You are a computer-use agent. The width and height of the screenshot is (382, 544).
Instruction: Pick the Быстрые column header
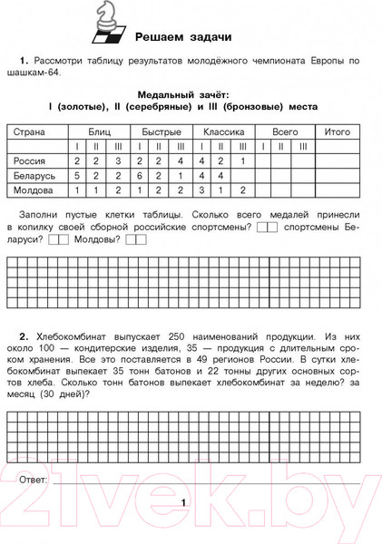(x=161, y=131)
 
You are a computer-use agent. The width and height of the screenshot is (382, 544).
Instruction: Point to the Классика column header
(x=223, y=131)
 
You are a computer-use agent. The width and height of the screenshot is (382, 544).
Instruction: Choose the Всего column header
(x=285, y=131)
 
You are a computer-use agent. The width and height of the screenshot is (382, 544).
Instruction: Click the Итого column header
(x=338, y=131)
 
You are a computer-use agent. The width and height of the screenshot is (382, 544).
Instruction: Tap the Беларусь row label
(x=34, y=176)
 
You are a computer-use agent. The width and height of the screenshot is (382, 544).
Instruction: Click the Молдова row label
(x=34, y=191)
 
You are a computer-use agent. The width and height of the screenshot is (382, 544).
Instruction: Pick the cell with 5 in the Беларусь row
(x=77, y=176)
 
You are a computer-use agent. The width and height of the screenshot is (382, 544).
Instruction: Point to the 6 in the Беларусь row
(x=140, y=176)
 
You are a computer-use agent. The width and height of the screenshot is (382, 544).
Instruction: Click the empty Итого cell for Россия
(x=338, y=160)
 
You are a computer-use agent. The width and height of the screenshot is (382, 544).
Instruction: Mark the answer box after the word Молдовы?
(x=136, y=240)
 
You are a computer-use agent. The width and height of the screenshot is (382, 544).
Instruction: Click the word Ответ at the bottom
(x=34, y=478)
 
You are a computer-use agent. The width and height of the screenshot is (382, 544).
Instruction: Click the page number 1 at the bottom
(x=182, y=502)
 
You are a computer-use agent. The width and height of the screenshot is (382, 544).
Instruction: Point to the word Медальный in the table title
(x=163, y=93)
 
